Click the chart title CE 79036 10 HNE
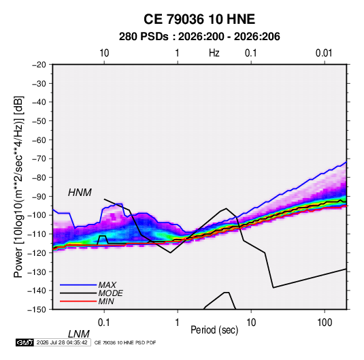[x=199, y=19]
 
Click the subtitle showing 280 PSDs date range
[x=199, y=37]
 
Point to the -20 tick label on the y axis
[x=39, y=65]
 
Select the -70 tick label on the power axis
[x=39, y=159]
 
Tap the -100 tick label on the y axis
[x=37, y=215]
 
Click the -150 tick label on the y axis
[x=37, y=310]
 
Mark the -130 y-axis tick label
[x=37, y=272]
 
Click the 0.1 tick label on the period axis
[x=104, y=323]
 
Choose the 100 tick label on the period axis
[x=325, y=323]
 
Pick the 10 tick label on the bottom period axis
[x=251, y=323]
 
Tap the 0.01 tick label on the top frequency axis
[x=324, y=53]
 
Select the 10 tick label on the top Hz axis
[x=104, y=53]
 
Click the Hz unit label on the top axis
[x=214, y=53]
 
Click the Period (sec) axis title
[x=214, y=330]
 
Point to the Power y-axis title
[x=18, y=187]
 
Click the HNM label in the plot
[x=80, y=193]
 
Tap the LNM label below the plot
[x=78, y=334]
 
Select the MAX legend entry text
[x=107, y=285]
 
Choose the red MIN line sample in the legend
[x=78, y=301]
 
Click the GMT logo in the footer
[x=24, y=342]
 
